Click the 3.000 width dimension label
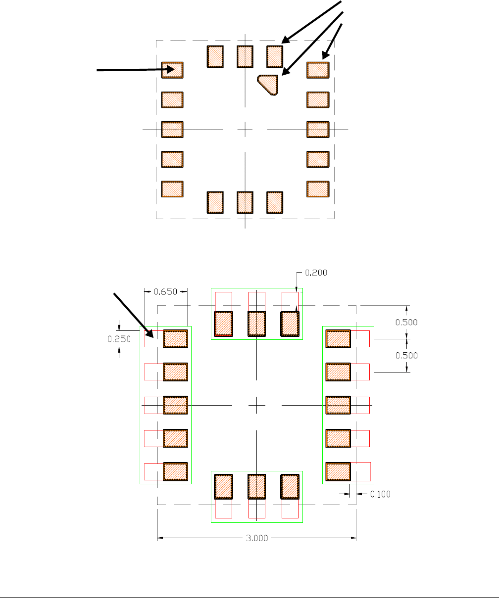[257, 539]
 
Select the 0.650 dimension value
[165, 291]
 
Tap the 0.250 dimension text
[119, 339]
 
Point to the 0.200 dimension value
[316, 273]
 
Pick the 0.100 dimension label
[380, 494]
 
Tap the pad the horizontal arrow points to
[172, 70]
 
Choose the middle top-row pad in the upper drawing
[245, 56]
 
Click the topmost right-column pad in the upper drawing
[318, 70]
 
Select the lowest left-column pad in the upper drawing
[172, 189]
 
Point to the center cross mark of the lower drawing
[257, 405]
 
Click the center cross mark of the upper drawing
[245, 130]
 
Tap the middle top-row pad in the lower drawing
[257, 324]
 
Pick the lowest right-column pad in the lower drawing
[338, 471]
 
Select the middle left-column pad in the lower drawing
[176, 405]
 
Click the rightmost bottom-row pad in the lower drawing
[290, 487]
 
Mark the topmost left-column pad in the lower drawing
[176, 339]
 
